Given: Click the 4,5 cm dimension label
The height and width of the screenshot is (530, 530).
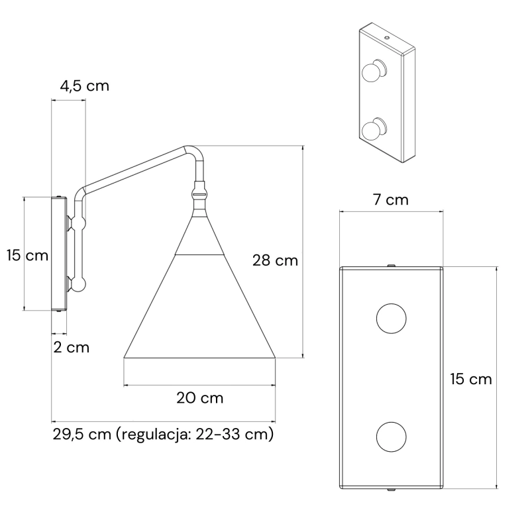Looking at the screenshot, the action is pos(85,86).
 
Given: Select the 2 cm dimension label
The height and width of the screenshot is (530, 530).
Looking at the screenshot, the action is pos(72,347).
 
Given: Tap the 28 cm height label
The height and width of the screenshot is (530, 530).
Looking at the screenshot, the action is pos(275,260).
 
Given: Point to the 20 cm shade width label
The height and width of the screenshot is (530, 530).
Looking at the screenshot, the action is pos(200,398).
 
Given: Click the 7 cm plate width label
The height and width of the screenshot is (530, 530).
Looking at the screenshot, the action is pos(391,200).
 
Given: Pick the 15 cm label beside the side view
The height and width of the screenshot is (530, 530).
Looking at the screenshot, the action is pos(27,255).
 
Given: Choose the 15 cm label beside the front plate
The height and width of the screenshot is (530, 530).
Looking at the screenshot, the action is pos(470,379).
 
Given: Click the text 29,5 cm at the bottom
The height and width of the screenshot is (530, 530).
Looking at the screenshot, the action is pos(81,435).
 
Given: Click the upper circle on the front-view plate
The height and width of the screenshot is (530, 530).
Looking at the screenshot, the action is pos(391,319).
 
